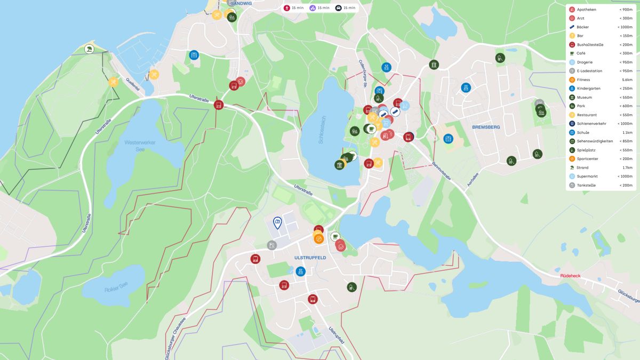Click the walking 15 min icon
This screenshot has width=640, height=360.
click(287, 8)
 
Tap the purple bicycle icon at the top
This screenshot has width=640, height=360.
click(313, 8)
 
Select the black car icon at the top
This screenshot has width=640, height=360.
click(338, 8)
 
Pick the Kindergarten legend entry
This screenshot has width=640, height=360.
click(588, 89)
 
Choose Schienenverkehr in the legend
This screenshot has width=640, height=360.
click(591, 124)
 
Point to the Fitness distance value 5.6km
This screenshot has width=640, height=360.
click(627, 79)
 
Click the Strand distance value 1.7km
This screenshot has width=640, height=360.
click(627, 167)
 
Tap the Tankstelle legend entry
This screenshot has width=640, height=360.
click(586, 185)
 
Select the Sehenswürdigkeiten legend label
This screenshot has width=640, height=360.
click(595, 141)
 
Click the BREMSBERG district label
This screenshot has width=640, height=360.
click(486, 127)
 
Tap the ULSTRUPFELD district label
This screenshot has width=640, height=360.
click(310, 258)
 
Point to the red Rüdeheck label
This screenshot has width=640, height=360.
click(570, 276)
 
